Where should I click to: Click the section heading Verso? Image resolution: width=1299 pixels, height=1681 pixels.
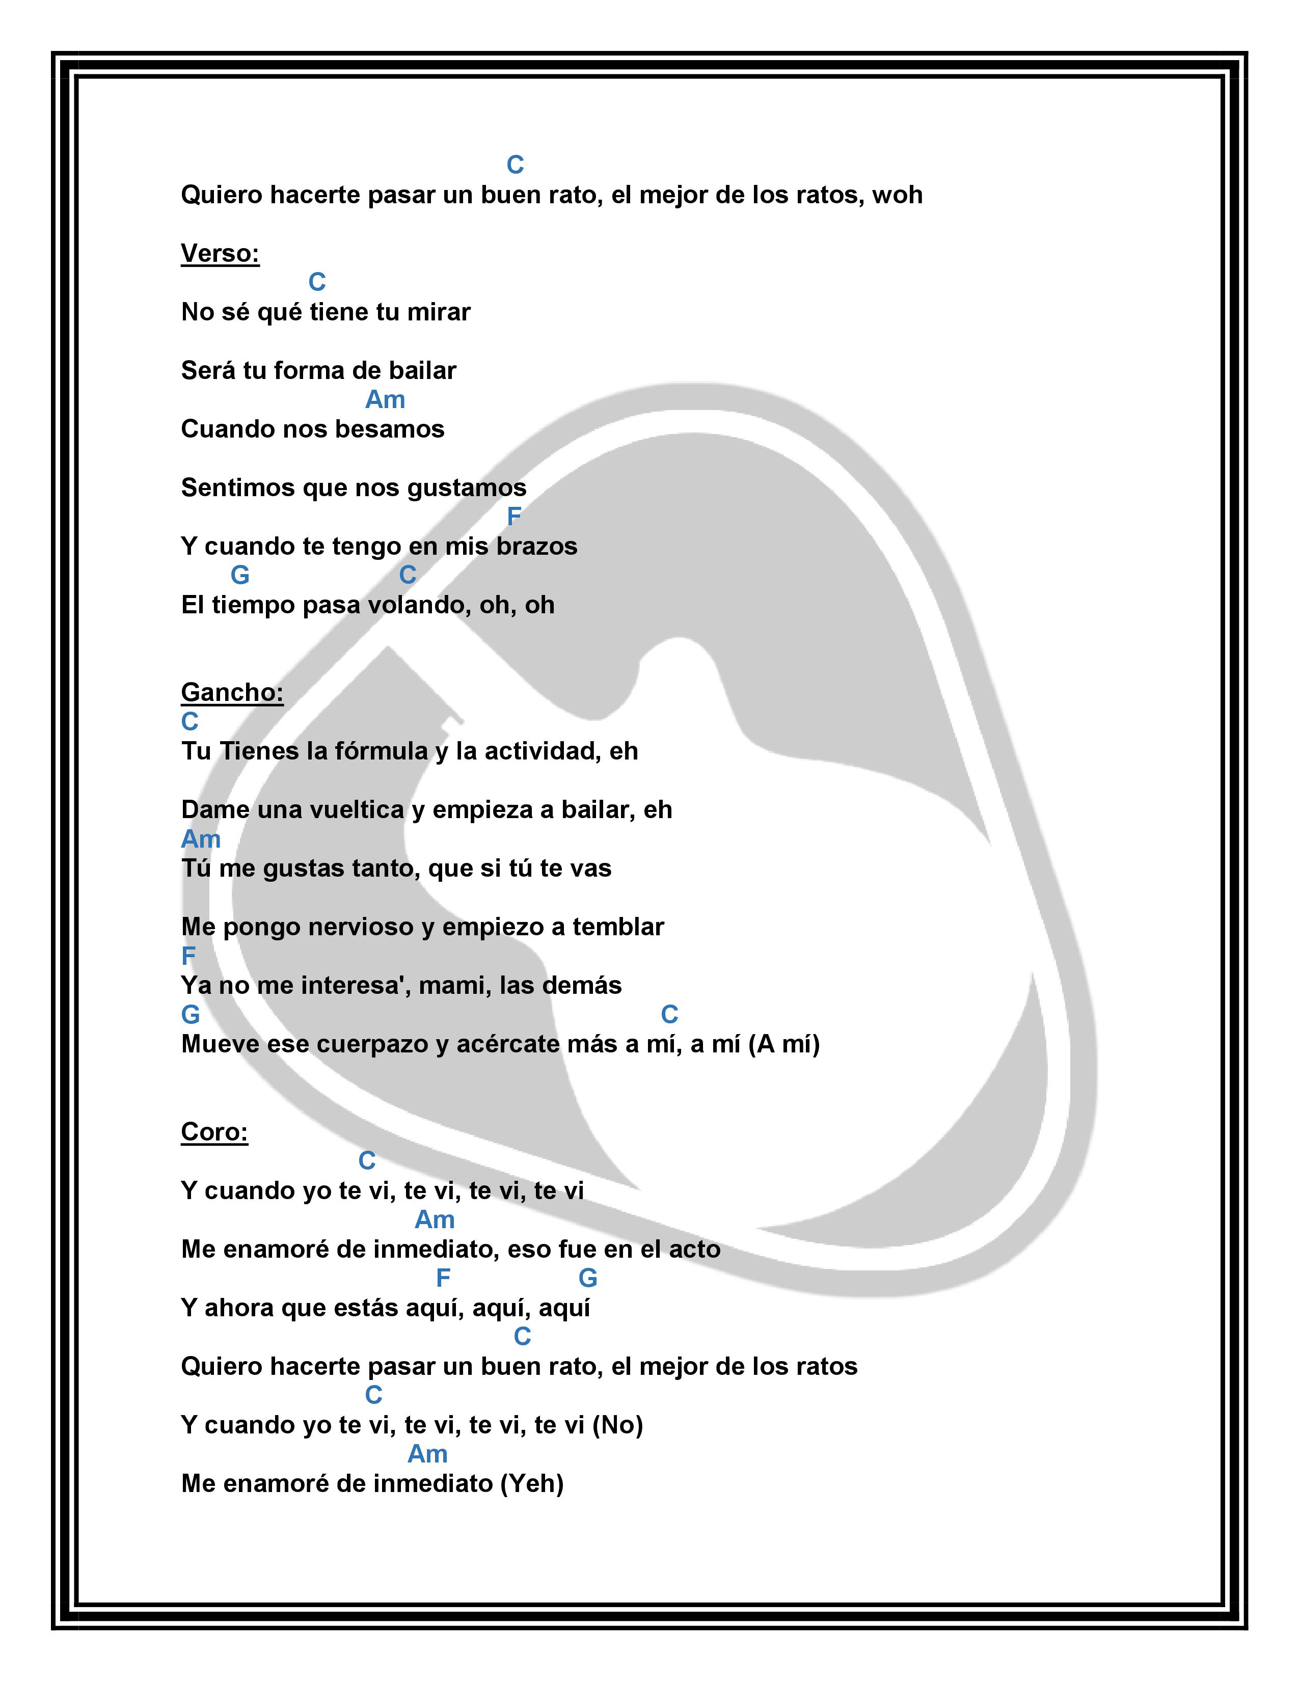(220, 253)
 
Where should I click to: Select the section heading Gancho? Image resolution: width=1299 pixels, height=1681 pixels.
(232, 693)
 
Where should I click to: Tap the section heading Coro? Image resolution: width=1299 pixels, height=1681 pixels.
(214, 1132)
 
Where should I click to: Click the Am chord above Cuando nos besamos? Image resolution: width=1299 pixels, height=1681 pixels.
(385, 399)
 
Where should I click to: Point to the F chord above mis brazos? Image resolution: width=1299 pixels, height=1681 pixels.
(514, 517)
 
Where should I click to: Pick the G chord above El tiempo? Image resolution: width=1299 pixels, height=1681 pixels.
(239, 575)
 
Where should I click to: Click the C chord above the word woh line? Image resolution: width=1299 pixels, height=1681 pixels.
(515, 165)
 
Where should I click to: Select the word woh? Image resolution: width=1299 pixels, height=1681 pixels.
(897, 195)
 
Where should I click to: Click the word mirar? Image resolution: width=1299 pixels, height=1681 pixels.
(438, 312)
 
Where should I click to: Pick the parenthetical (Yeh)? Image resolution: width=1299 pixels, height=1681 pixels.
(532, 1483)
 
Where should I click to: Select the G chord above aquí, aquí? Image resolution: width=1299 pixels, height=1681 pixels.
(587, 1279)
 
